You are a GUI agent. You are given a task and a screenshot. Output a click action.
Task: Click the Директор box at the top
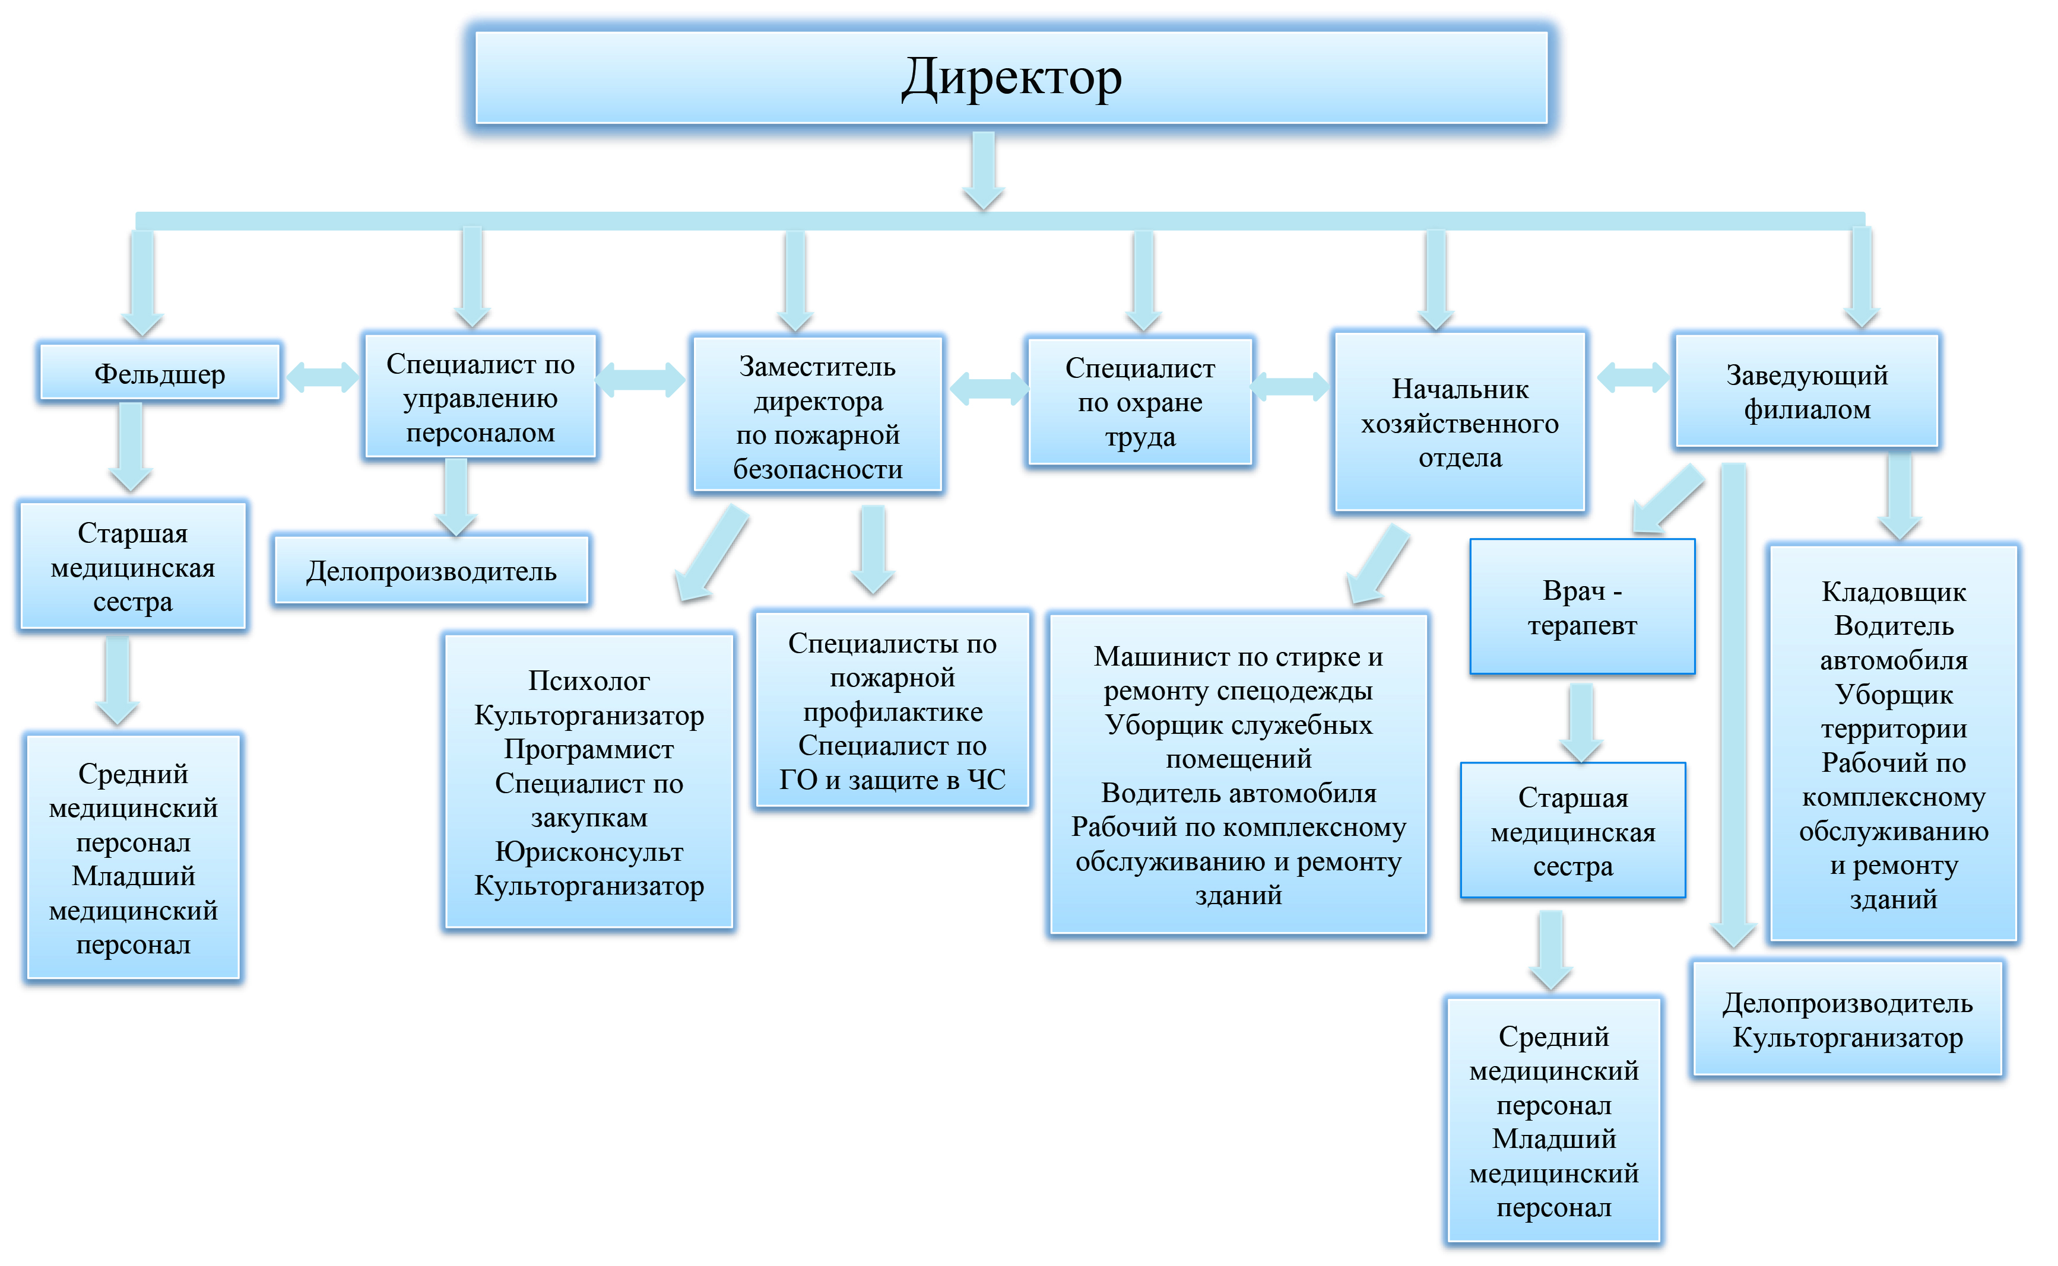[x=1010, y=77]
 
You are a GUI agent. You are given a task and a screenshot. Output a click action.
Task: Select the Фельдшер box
[x=159, y=373]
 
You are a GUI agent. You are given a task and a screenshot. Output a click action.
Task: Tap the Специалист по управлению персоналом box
[x=480, y=397]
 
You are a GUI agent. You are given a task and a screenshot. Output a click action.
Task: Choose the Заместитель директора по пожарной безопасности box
[x=817, y=416]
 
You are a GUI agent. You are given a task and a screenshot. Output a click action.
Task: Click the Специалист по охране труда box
[x=1139, y=402]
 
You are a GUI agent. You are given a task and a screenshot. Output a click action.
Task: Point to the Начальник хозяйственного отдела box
[x=1459, y=423]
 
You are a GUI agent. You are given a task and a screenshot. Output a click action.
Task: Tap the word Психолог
[x=588, y=680]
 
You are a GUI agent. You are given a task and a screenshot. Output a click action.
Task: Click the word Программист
[x=588, y=749]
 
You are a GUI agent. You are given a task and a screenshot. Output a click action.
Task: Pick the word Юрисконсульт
[x=588, y=851]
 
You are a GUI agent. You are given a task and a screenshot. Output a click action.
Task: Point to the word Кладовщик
[x=1893, y=592]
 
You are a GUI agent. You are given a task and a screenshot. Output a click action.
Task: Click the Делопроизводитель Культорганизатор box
[x=1847, y=1019]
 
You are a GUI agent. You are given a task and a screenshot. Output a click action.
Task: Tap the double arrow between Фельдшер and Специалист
[x=322, y=376]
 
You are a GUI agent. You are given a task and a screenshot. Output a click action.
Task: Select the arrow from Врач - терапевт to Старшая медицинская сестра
[x=1581, y=721]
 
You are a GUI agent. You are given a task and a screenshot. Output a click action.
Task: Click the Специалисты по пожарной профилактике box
[x=892, y=710]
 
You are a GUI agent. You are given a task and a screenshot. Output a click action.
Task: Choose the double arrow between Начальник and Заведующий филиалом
[x=1632, y=377]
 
